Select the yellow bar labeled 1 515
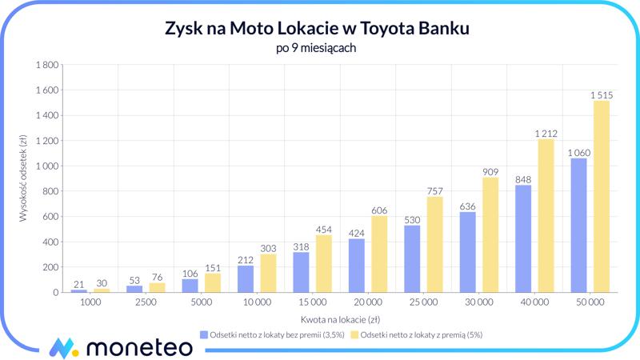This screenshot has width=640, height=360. point(602,196)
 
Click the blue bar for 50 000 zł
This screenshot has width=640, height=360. point(578,225)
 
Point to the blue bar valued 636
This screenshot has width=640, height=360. point(468,252)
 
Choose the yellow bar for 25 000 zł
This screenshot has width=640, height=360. point(435,244)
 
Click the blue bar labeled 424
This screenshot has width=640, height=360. point(357,266)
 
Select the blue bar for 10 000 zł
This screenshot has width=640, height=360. point(246,278)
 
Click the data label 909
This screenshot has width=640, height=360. point(490,172)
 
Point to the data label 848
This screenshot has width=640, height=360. point(523,179)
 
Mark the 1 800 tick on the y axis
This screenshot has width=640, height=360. point(45,65)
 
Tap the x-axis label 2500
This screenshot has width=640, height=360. point(146,303)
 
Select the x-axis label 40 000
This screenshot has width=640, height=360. point(534,303)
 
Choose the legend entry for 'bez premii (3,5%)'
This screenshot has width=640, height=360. point(272,335)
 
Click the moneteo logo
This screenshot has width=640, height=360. point(120,346)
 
